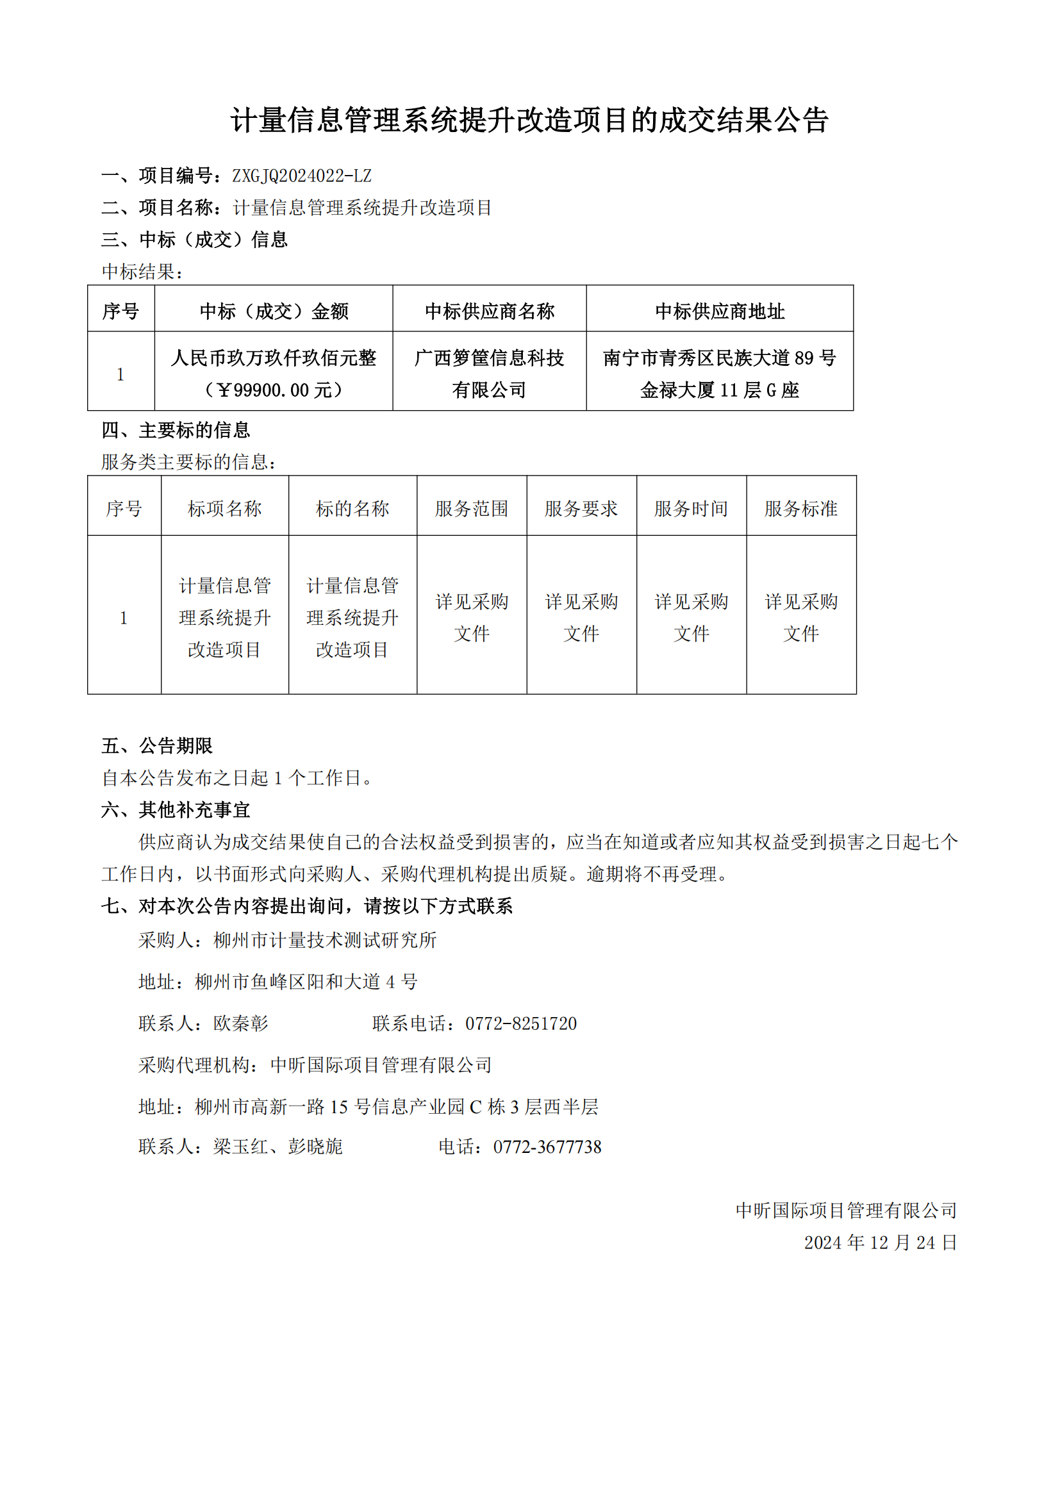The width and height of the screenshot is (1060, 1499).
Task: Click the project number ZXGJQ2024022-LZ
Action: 302,176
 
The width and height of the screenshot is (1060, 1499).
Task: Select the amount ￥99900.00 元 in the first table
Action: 274,390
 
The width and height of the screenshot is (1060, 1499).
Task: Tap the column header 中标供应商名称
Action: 489,311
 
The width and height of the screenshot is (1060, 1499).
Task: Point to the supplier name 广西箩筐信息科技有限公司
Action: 489,374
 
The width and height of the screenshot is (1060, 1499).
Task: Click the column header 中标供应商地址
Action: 719,311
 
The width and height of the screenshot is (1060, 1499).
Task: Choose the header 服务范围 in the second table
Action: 471,509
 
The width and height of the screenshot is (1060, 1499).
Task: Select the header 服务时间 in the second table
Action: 691,509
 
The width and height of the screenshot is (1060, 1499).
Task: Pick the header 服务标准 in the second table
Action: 801,509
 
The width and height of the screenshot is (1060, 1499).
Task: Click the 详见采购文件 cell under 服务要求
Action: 581,617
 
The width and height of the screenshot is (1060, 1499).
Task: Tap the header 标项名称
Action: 224,509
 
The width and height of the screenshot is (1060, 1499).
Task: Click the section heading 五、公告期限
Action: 156,745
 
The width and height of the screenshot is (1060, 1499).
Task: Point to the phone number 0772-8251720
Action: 521,1023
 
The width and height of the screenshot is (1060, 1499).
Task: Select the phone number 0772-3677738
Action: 547,1147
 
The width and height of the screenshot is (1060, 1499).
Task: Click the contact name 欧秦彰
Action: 240,1023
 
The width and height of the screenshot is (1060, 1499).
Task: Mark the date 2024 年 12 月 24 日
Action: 880,1243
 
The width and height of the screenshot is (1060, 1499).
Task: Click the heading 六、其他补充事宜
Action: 176,809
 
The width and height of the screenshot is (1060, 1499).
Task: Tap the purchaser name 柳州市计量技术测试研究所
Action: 325,940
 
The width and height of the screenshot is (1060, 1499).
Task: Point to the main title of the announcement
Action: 529,120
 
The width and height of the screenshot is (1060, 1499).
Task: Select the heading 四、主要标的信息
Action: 176,429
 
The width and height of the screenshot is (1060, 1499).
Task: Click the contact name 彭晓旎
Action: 315,1147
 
